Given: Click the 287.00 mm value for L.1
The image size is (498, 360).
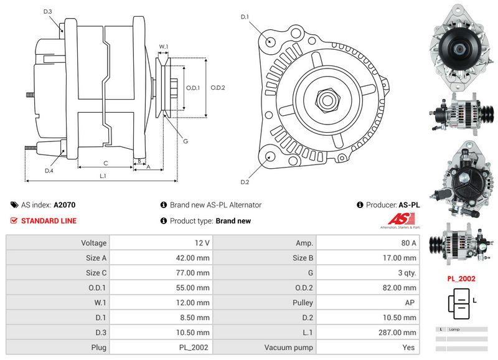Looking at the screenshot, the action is (397, 333).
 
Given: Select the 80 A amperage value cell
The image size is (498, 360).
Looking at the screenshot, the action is (408, 243).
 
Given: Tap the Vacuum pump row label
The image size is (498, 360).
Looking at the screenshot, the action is (288, 348).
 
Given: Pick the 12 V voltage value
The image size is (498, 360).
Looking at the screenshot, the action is (202, 243).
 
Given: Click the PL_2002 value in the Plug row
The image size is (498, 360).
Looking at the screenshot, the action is (194, 348).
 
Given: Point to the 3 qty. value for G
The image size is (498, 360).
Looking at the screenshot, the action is (407, 273).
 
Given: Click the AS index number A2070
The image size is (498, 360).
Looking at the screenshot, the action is (65, 205).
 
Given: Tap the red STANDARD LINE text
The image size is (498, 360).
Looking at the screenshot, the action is (49, 221).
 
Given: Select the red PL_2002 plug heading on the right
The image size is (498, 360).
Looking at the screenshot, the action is (461, 278).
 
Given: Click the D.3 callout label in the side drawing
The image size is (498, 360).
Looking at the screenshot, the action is (48, 12).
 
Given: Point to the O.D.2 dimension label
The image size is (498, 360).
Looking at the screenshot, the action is (218, 88).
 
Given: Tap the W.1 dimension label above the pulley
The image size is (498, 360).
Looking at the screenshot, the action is (164, 47).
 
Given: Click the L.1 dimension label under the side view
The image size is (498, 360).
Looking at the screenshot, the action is (103, 176).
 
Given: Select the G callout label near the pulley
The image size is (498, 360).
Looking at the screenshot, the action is (186, 141).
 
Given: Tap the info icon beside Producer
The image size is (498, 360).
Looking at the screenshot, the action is (360, 205).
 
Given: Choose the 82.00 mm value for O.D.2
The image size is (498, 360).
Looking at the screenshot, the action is (399, 288).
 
